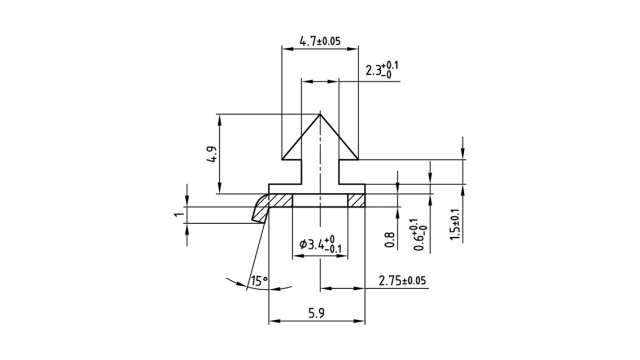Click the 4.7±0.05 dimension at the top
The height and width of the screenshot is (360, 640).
(x=320, y=42)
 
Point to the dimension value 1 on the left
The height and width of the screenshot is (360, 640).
(x=178, y=215)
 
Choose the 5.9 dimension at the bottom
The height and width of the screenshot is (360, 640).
(x=316, y=312)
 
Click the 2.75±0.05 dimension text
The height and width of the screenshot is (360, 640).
(x=402, y=280)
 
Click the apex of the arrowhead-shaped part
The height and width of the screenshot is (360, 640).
(x=320, y=113)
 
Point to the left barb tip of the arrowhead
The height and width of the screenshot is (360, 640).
(x=282, y=160)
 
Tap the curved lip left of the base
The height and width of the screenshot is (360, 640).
(x=260, y=207)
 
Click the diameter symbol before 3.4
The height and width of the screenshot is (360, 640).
(x=303, y=246)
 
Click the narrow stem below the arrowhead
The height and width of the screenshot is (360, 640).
(x=320, y=172)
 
